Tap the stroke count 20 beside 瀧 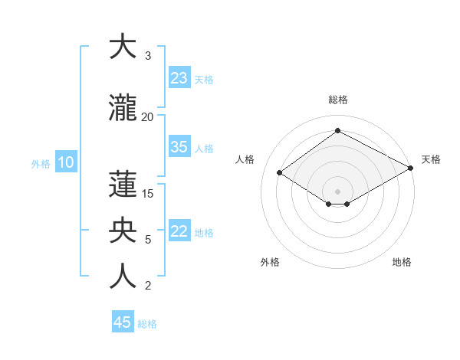point(147,116)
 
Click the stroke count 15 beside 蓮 point(147,194)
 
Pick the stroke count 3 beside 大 point(147,56)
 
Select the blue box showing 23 point(179,78)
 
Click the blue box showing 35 point(179,147)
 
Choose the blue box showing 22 point(179,231)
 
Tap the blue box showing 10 point(66,162)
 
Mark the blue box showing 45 point(123,322)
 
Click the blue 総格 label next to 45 point(147,324)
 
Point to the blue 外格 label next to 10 point(40,163)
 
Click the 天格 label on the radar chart point(431,159)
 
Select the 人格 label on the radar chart point(245,159)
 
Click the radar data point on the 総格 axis point(337,131)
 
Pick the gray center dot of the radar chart point(337,190)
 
